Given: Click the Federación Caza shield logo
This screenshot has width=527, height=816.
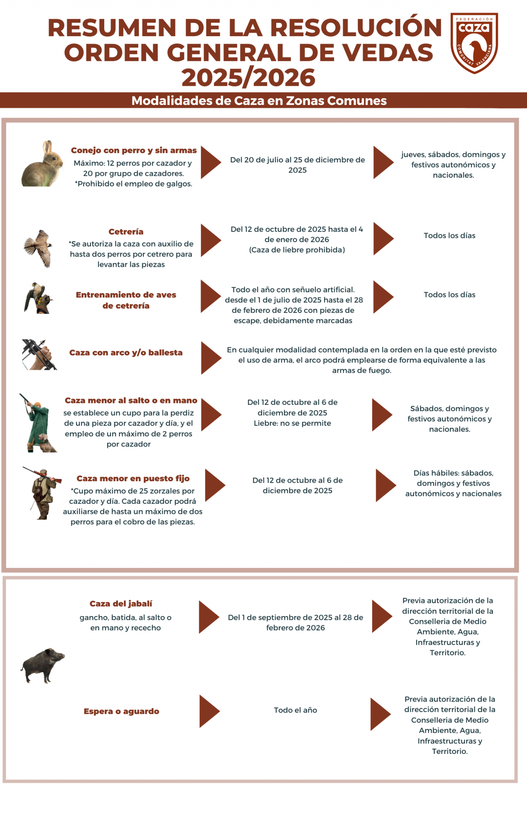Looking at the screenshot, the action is pyautogui.click(x=474, y=43).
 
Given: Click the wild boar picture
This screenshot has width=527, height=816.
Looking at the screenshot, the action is pyautogui.click(x=43, y=665).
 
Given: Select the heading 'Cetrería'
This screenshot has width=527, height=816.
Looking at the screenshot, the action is pyautogui.click(x=126, y=232).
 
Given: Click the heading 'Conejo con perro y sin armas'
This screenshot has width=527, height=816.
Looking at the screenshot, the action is pyautogui.click(x=134, y=150).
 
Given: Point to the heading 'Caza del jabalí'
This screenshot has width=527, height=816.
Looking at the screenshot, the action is pyautogui.click(x=121, y=604).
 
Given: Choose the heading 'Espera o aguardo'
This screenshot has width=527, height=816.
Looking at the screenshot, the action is pyautogui.click(x=121, y=711).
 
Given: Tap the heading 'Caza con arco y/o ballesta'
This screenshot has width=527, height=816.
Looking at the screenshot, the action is pyautogui.click(x=126, y=353).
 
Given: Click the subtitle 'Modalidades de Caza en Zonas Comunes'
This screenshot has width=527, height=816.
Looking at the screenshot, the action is pyautogui.click(x=259, y=101).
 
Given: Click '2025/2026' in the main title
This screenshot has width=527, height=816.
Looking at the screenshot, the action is pyautogui.click(x=248, y=78).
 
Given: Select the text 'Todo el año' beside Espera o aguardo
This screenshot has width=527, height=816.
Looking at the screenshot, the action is pyautogui.click(x=295, y=710).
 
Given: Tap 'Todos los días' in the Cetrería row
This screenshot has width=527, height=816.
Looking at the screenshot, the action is pyautogui.click(x=449, y=236).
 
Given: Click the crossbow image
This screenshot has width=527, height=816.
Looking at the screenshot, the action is pyautogui.click(x=39, y=354).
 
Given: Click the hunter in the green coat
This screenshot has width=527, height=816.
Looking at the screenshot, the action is pyautogui.click(x=38, y=423).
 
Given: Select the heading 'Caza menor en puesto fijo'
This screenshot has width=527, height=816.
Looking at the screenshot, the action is pyautogui.click(x=133, y=479).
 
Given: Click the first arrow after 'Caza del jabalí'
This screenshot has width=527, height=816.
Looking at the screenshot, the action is pyautogui.click(x=209, y=617).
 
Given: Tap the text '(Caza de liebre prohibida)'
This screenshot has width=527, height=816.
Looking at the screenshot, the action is pyautogui.click(x=297, y=250).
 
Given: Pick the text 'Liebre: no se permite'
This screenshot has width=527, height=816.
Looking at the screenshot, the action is pyautogui.click(x=292, y=423).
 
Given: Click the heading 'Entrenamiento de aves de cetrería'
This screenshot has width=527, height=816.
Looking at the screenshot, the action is pyautogui.click(x=126, y=300).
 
